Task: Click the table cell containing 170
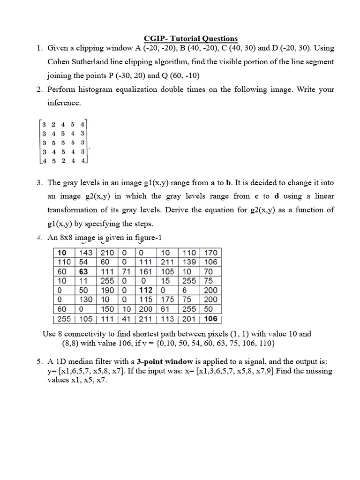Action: [x=211, y=253]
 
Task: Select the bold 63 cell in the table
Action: [x=84, y=271]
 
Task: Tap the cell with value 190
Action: [x=108, y=290]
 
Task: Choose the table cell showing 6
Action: [x=186, y=290]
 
